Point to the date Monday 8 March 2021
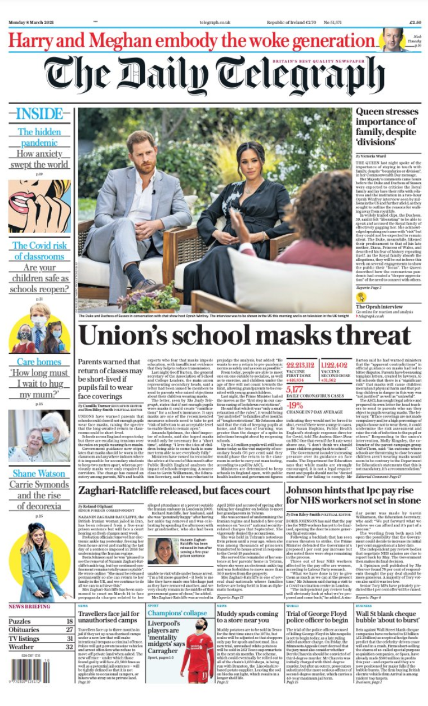point(32,22)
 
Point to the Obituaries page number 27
point(70,629)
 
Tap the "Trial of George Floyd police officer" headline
point(318,618)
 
